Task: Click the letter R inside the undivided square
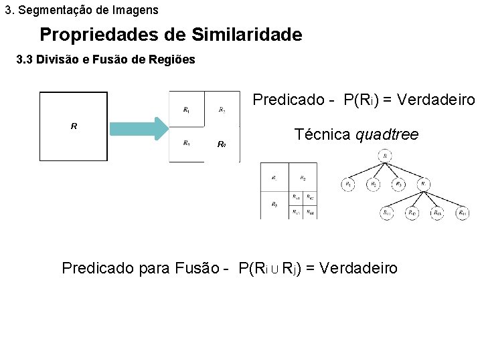pos(74,125)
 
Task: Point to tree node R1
pos(348,184)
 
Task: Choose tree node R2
pos(373,184)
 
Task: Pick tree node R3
pos(398,184)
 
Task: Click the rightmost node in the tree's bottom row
pos(463,213)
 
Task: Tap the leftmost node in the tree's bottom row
pos(387,213)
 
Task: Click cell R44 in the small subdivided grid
pos(310,212)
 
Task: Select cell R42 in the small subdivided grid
pos(310,198)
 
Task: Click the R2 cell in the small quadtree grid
pos(303,178)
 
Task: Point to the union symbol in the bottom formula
pos(274,269)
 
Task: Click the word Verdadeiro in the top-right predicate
pos(434,100)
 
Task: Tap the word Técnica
pos(323,135)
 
